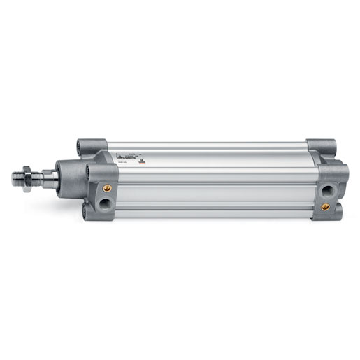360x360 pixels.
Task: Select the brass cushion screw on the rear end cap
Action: [x=326, y=206]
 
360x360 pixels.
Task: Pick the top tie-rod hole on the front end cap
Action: [x=85, y=148]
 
